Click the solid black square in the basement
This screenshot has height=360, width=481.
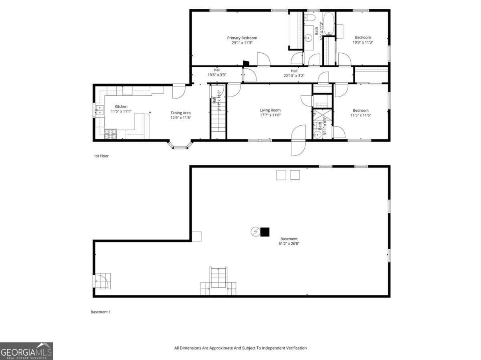(265, 232)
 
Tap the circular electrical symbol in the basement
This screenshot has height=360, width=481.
(255, 231)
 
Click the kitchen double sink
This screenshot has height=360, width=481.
(99, 110)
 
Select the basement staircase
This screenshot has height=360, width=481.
(218, 278)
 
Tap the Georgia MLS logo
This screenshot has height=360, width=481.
(26, 351)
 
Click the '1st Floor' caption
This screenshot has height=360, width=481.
(101, 156)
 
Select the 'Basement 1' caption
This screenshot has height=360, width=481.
(100, 312)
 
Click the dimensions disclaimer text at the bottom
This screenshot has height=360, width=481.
(240, 348)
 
